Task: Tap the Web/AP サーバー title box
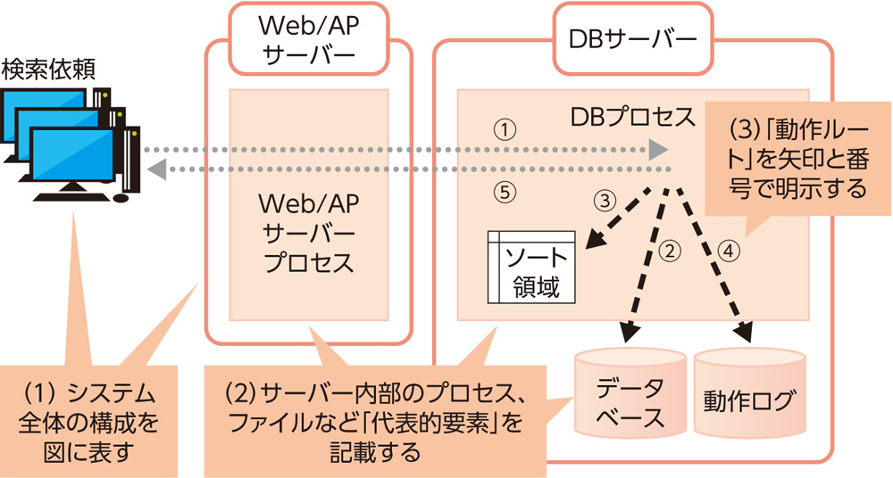click(309, 41)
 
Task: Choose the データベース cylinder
click(630, 401)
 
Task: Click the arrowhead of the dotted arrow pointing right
click(659, 149)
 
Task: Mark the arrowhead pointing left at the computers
click(155, 168)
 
